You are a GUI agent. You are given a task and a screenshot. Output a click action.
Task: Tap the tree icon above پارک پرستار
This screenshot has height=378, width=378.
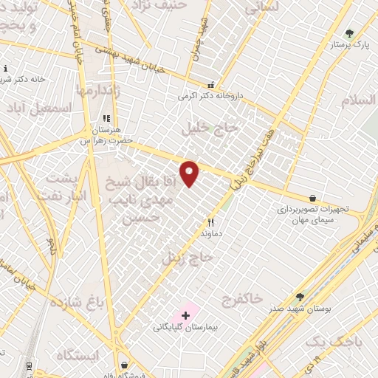pyautogui.click(x=349, y=33)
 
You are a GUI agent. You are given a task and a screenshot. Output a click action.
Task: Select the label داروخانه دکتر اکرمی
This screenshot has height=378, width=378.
pyautogui.click(x=210, y=96)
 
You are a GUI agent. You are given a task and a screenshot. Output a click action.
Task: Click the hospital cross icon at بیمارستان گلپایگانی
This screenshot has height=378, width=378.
pyautogui.click(x=185, y=315)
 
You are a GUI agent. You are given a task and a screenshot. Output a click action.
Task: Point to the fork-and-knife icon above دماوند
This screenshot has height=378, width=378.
pyautogui.click(x=210, y=221)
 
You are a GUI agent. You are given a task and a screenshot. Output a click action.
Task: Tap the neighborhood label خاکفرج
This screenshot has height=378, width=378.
pyautogui.click(x=241, y=299)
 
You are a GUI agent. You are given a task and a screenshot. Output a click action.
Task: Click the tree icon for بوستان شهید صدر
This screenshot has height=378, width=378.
pyautogui.click(x=300, y=296)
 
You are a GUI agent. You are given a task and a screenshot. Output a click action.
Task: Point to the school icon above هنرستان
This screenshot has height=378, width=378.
pyautogui.click(x=106, y=117)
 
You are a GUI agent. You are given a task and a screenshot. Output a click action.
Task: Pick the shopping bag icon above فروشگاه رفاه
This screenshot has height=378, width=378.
pyautogui.click(x=124, y=364)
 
